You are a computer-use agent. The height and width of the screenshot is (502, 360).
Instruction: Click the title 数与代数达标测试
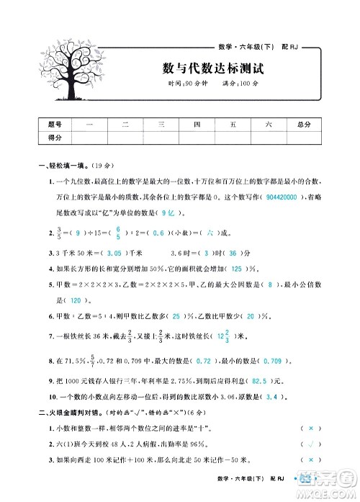[x=214, y=70]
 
